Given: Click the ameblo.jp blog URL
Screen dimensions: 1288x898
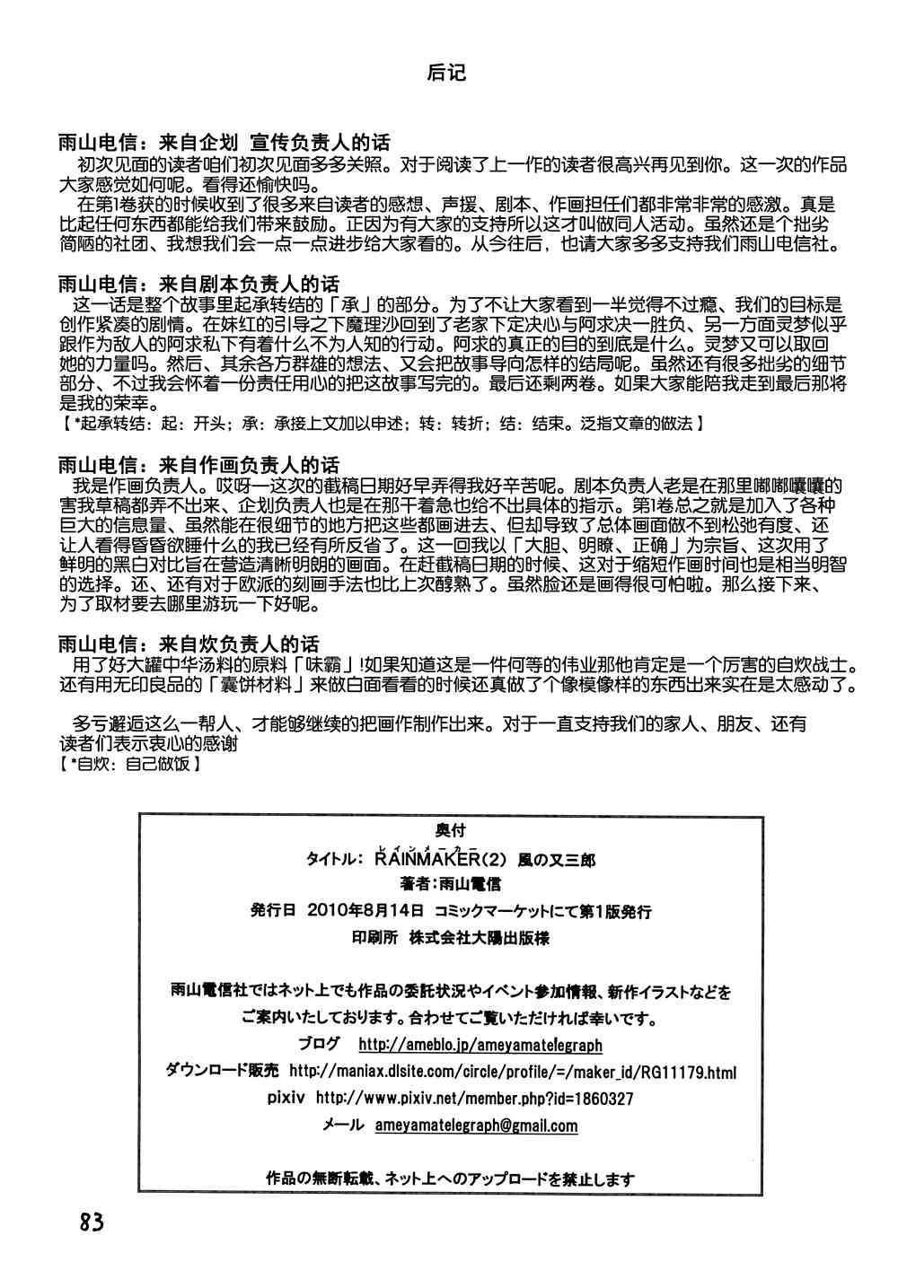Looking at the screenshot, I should pyautogui.click(x=480, y=1045).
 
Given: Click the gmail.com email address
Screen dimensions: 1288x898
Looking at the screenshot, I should pyautogui.click(x=476, y=1126).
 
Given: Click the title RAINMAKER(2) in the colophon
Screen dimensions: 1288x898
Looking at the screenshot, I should pyautogui.click(x=430, y=859).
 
